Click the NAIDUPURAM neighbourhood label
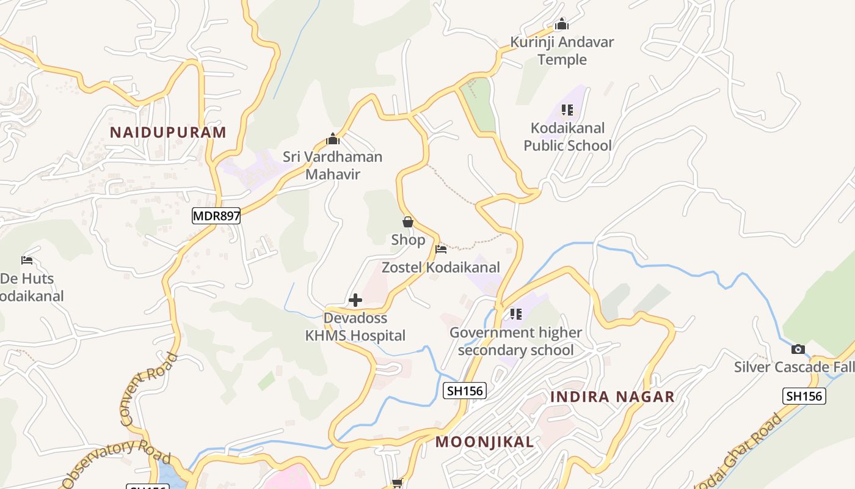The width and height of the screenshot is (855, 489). pyautogui.click(x=168, y=132)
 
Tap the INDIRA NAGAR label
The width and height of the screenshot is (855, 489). pyautogui.click(x=613, y=397)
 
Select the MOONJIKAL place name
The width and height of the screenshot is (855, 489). pyautogui.click(x=484, y=442)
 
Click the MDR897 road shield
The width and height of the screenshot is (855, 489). pyautogui.click(x=216, y=215)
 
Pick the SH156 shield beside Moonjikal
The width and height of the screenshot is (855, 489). pyautogui.click(x=464, y=391)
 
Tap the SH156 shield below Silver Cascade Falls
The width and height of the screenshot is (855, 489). pyautogui.click(x=804, y=395)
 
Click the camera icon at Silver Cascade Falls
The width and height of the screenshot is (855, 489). pyautogui.click(x=798, y=349)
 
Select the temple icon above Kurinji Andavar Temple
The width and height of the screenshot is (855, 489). pyautogui.click(x=562, y=24)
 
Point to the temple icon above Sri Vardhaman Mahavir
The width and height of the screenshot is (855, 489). pyautogui.click(x=333, y=139)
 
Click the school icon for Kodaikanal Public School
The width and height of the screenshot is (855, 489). pyautogui.click(x=567, y=110)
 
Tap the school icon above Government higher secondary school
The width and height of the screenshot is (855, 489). pyautogui.click(x=516, y=314)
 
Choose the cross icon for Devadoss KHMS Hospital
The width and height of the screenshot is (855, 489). pyautogui.click(x=355, y=300)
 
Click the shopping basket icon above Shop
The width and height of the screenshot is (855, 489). pyautogui.click(x=408, y=222)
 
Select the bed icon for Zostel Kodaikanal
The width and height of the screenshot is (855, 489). pyautogui.click(x=441, y=249)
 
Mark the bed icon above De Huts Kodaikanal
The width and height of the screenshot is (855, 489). pyautogui.click(x=27, y=260)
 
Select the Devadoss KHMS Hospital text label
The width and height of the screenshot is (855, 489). pyautogui.click(x=355, y=327)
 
